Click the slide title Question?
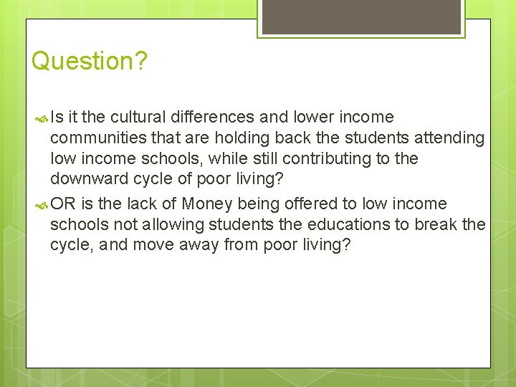coord(89,61)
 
